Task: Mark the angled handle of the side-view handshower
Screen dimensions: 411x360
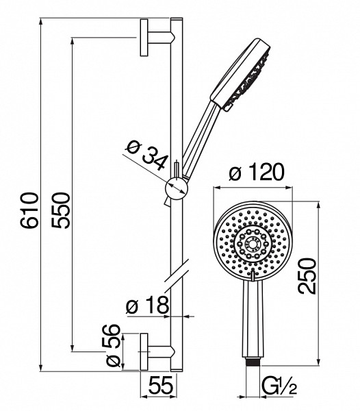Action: click(x=201, y=138)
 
